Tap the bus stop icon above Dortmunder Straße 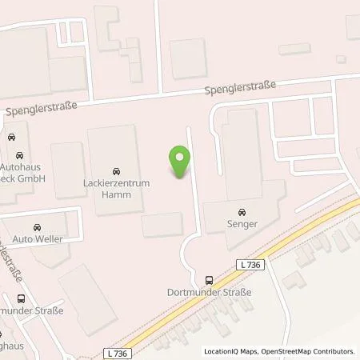209,280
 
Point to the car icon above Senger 238,214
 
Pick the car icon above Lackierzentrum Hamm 116,170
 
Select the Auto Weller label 38,238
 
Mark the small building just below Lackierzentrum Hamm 162,226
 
